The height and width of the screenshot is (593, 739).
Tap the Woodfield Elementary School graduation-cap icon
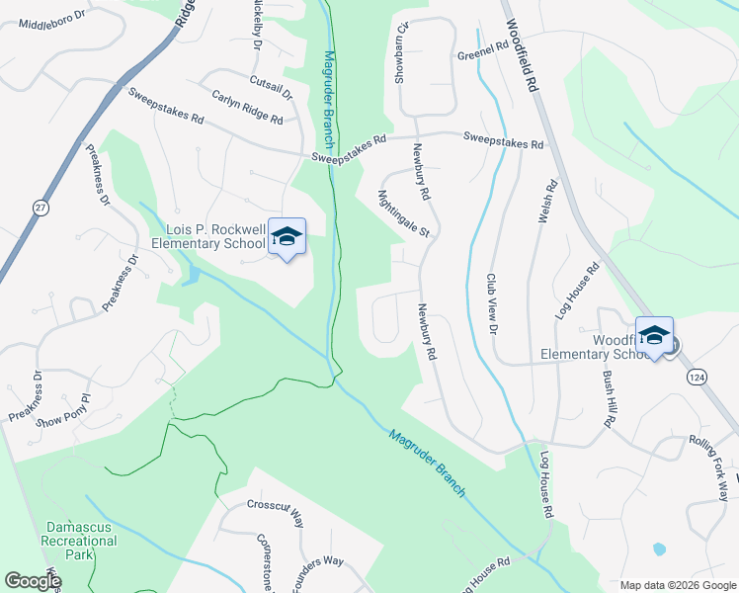pyautogui.click(x=653, y=336)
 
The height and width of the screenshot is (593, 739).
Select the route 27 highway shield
pyautogui.click(x=40, y=208)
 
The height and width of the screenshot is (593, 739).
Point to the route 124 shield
pyautogui.click(x=698, y=378)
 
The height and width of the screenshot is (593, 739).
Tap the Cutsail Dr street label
pyautogui.click(x=272, y=86)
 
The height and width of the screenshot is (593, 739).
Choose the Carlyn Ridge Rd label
pyautogui.click(x=247, y=107)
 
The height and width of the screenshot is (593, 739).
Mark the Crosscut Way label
pyautogui.click(x=262, y=507)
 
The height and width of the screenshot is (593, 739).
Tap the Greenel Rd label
pyautogui.click(x=481, y=56)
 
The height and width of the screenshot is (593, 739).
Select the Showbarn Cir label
pyautogui.click(x=402, y=54)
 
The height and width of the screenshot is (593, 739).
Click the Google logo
pyautogui.click(x=33, y=580)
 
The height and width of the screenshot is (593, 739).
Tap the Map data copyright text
pyautogui.click(x=679, y=585)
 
